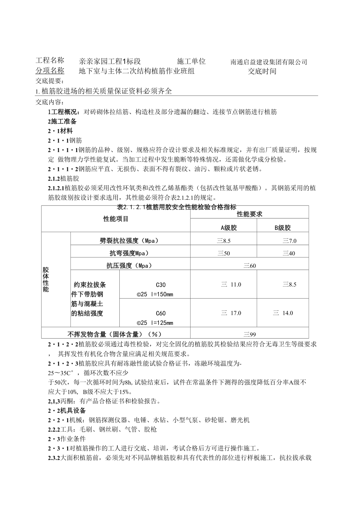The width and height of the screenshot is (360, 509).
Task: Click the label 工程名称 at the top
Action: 50,61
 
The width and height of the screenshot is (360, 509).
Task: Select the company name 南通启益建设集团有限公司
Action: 269,62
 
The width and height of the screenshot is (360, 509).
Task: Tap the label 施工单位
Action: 191,61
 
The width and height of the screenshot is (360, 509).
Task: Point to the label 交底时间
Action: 262,71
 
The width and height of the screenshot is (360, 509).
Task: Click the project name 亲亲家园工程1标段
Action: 110,61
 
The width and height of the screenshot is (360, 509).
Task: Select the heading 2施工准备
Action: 62,121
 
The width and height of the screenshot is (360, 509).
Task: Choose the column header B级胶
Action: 283,228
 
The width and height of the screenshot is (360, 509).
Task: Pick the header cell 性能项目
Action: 116,219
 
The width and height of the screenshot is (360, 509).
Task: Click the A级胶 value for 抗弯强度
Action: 224,253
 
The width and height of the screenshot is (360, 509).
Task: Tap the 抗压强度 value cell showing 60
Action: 249,266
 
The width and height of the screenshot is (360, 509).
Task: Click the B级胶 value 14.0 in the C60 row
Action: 283,313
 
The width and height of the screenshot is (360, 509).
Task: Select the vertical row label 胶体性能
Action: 46,280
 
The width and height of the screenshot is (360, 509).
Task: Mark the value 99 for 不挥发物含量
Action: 249,334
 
